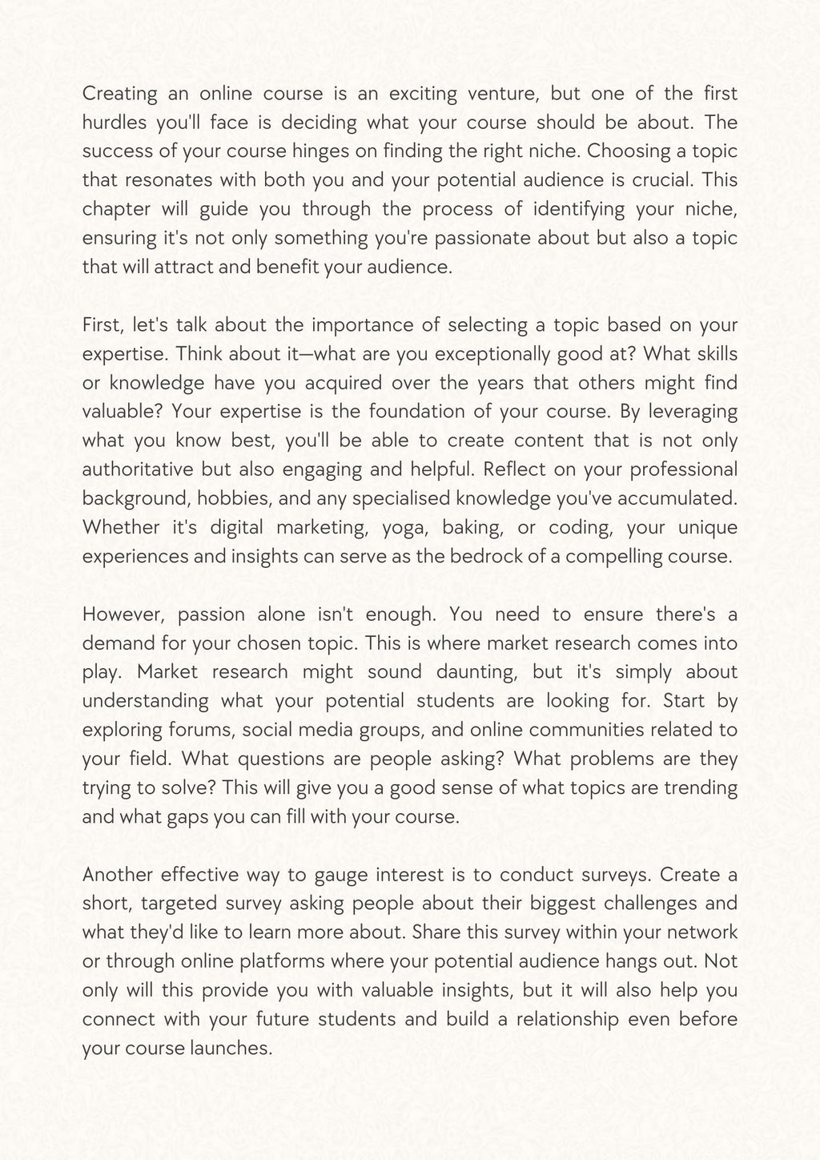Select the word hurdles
pyautogui.click(x=111, y=123)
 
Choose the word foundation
pyautogui.click(x=421, y=412)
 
